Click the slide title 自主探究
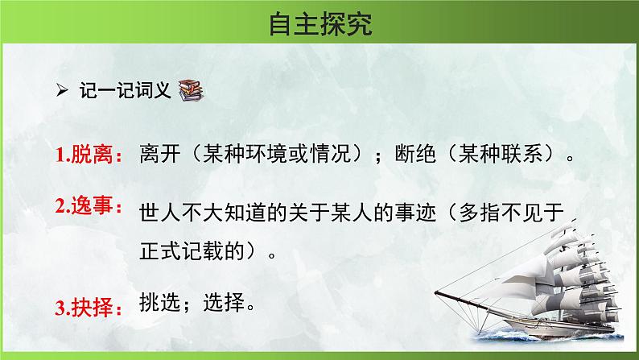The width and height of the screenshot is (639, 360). tap(320, 25)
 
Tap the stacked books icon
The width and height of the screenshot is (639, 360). tap(189, 90)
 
